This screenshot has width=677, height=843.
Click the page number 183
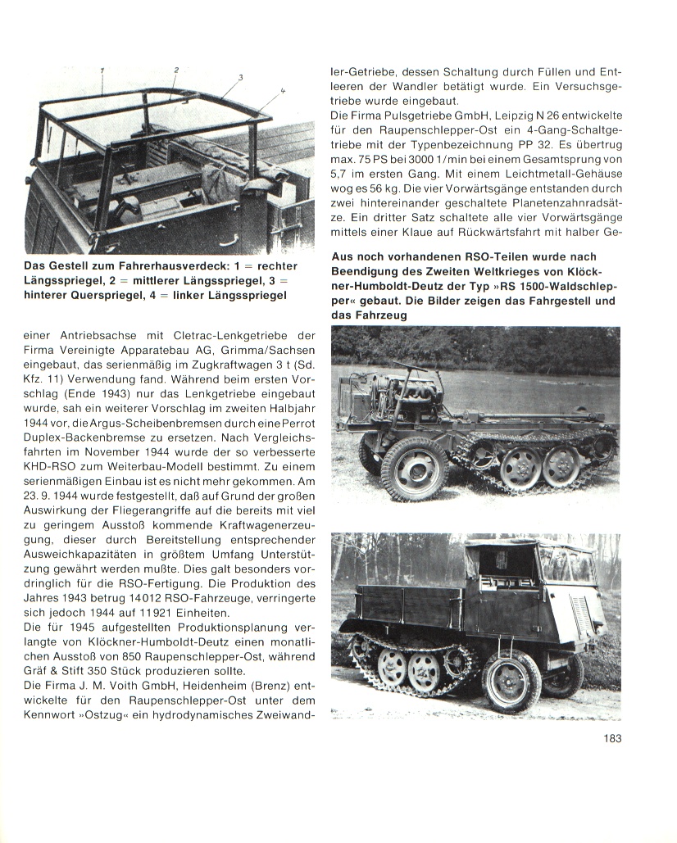tap(611, 738)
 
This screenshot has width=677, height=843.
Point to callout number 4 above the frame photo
tap(281, 90)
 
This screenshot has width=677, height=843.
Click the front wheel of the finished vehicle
tap(511, 680)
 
